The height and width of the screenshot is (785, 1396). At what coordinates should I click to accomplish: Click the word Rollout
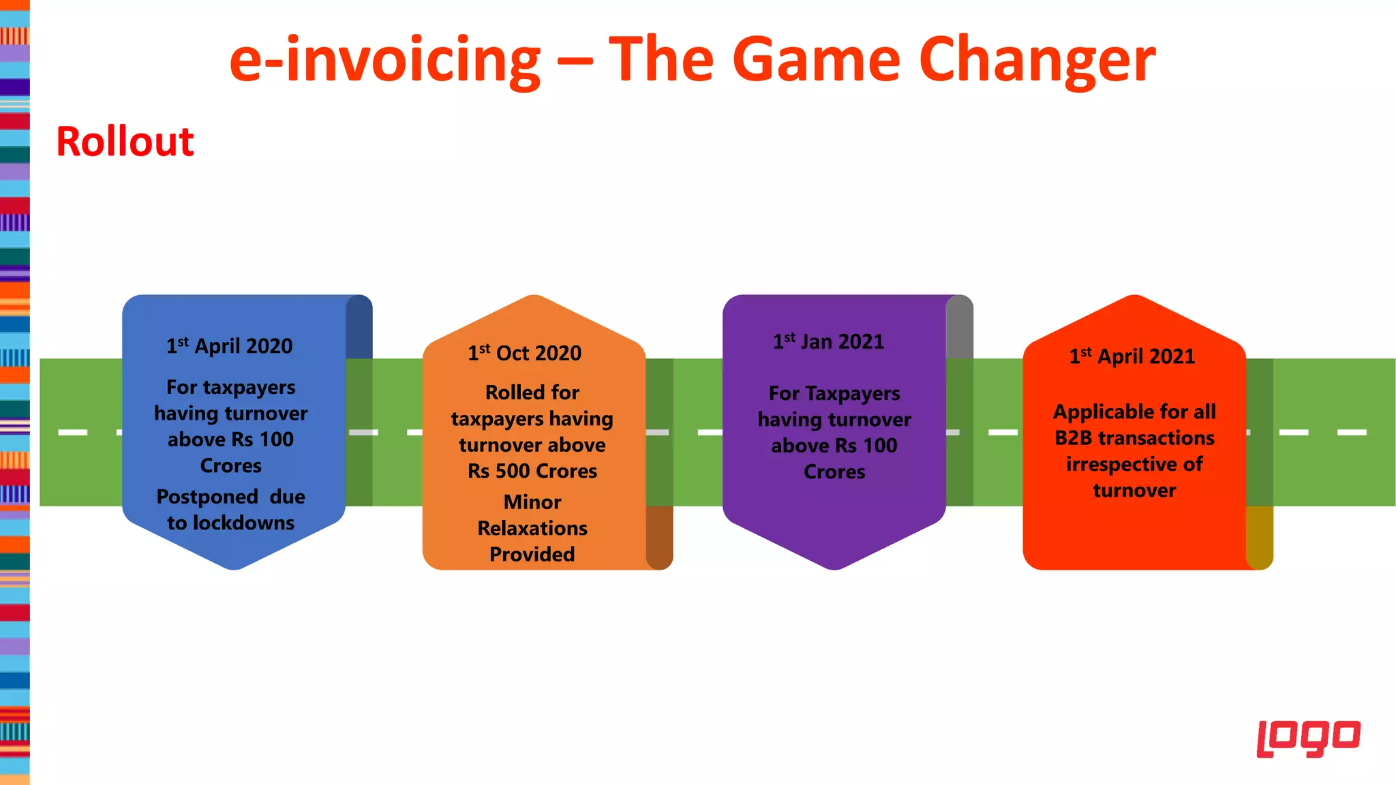click(125, 142)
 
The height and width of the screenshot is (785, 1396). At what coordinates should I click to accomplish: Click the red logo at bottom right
click(1308, 738)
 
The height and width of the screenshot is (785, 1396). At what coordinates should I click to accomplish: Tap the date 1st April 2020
click(230, 346)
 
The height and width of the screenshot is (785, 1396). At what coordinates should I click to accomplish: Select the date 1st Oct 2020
click(524, 353)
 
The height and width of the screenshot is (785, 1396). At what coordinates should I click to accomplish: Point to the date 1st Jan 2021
click(828, 341)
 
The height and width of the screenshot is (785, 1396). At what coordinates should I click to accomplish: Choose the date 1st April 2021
click(1132, 356)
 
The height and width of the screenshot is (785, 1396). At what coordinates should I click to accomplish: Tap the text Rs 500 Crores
click(532, 471)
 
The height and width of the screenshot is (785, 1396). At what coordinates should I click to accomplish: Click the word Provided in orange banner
click(532, 554)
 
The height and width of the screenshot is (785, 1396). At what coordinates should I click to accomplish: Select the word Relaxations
click(532, 528)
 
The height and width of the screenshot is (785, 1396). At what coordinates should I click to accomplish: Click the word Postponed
click(207, 497)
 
